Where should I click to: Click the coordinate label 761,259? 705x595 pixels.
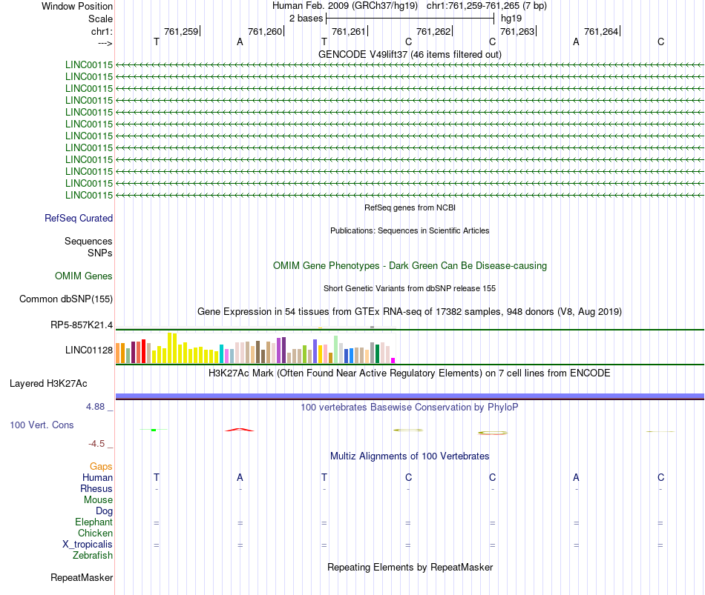pos(181,31)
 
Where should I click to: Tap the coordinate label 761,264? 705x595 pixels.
pos(601,31)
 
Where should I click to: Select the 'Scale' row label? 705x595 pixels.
pos(100,19)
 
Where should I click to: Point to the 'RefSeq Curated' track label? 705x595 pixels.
pos(79,218)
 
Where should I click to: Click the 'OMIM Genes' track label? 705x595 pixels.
pos(84,276)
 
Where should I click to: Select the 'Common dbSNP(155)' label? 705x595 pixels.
pos(66,299)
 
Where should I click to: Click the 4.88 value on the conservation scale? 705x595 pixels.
pos(99,407)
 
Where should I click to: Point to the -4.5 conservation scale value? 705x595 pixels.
pos(98,444)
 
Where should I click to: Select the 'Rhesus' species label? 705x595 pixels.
pos(96,489)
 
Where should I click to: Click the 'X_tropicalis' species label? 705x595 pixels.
pos(88,545)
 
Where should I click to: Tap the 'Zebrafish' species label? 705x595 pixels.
pos(93,556)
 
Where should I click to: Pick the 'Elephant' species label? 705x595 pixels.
pos(94,522)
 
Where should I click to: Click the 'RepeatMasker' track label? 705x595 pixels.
pos(82,577)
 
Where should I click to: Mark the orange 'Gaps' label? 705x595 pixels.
pos(101,467)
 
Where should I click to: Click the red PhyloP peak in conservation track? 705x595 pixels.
pos(240,429)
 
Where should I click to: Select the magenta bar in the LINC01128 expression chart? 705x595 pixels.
pos(393,360)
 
